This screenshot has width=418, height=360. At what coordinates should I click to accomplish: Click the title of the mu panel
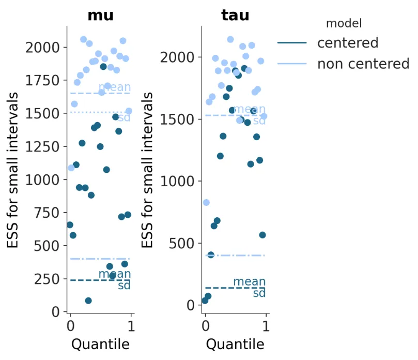point(100,16)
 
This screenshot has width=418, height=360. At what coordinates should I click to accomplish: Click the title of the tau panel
point(235,16)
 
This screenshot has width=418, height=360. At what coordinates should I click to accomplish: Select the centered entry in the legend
point(348,42)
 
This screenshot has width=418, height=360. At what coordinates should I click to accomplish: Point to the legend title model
point(344,23)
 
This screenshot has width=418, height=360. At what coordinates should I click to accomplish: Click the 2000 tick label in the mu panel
point(45,48)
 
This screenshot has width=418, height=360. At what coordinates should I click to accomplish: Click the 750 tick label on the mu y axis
point(50,213)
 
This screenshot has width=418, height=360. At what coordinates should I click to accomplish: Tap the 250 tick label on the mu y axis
point(50,279)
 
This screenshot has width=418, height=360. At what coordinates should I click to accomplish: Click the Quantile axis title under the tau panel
point(235,344)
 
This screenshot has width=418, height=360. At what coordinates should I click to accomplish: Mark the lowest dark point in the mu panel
point(88,301)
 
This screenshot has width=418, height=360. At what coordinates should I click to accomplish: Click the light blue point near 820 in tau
point(206,202)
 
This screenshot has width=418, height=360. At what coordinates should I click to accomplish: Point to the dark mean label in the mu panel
point(115,274)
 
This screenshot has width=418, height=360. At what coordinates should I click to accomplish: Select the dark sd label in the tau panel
point(259,294)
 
